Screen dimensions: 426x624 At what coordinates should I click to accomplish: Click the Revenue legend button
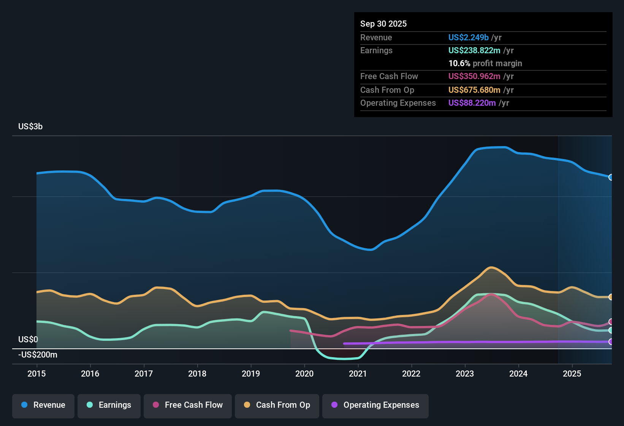click(x=43, y=405)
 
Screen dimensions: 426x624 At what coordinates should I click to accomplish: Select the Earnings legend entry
click(x=109, y=405)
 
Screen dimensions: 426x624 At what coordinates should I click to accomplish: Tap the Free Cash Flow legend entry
click(x=188, y=405)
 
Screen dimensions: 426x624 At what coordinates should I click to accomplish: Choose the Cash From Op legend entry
click(x=277, y=405)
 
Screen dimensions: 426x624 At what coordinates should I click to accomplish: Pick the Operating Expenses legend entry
click(x=375, y=405)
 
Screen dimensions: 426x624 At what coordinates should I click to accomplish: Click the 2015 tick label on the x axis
click(x=36, y=374)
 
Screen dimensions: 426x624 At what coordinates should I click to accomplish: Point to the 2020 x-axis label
click(x=304, y=374)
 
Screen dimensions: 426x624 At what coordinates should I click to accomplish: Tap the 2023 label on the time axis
click(x=465, y=374)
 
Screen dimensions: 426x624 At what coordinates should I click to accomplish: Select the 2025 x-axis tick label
click(x=572, y=374)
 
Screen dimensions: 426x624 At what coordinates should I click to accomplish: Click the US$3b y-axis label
click(x=30, y=126)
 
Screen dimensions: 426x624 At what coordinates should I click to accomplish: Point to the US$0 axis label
click(x=28, y=339)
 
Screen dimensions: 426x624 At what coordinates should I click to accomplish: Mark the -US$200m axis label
click(x=38, y=354)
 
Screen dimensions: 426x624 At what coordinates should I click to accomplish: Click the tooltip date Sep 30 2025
click(x=383, y=24)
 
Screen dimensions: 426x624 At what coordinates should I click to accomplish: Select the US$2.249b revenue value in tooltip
click(x=468, y=37)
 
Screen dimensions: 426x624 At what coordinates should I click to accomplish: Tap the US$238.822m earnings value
click(x=474, y=50)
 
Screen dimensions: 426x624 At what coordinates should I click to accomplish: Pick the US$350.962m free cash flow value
click(x=474, y=76)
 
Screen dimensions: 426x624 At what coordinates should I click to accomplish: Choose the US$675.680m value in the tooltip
click(x=474, y=90)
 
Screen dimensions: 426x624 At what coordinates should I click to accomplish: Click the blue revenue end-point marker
click(x=611, y=177)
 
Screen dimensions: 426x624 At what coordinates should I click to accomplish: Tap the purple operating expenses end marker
click(x=611, y=342)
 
